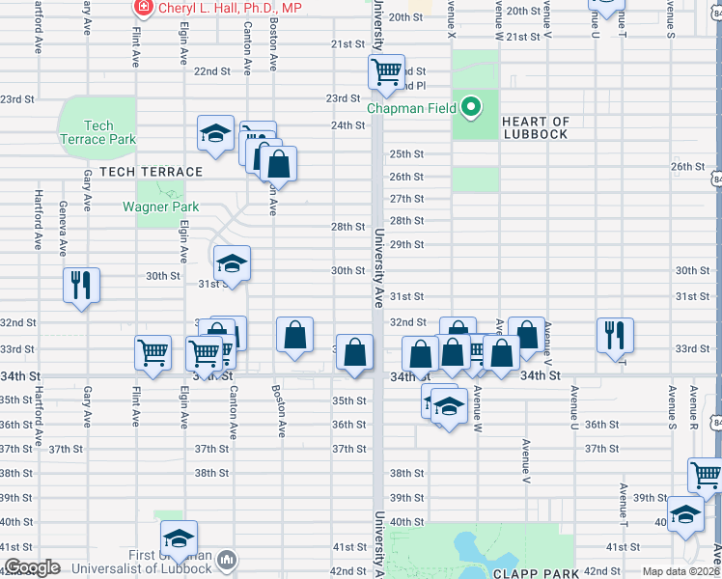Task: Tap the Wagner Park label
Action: click(x=160, y=207)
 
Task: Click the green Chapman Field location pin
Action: click(x=471, y=106)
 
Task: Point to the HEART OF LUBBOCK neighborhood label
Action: click(x=535, y=127)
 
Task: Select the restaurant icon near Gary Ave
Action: click(x=80, y=284)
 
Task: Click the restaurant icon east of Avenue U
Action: click(x=615, y=335)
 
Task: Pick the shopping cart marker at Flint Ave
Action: click(x=153, y=352)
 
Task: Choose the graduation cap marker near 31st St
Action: click(x=232, y=263)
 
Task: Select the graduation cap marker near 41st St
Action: click(x=179, y=538)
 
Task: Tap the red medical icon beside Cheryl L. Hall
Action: click(x=144, y=8)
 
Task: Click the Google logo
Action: click(x=31, y=567)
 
